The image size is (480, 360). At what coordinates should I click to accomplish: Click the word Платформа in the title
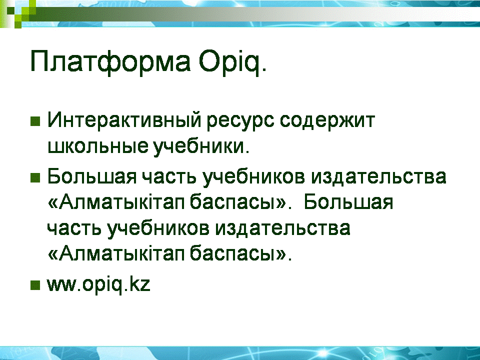pyautogui.click(x=110, y=61)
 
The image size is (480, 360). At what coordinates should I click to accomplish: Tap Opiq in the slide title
pyautogui.click(x=229, y=62)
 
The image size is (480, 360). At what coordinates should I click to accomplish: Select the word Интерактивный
pyautogui.click(x=123, y=120)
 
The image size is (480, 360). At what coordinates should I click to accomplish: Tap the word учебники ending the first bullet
pyautogui.click(x=201, y=146)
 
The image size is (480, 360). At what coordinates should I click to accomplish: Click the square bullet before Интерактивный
pyautogui.click(x=35, y=121)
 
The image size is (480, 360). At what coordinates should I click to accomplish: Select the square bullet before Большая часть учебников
pyautogui.click(x=35, y=177)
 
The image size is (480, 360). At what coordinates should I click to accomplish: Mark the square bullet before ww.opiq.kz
pyautogui.click(x=35, y=285)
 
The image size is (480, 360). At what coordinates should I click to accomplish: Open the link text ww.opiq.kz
pyautogui.click(x=98, y=284)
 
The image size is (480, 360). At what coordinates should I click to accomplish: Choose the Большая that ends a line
pyautogui.click(x=348, y=202)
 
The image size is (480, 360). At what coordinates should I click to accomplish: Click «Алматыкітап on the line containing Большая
pyautogui.click(x=116, y=202)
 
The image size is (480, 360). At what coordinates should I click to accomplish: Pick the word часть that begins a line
pyautogui.click(x=74, y=229)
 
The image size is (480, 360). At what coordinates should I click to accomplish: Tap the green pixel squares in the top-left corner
pyautogui.click(x=18, y=13)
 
